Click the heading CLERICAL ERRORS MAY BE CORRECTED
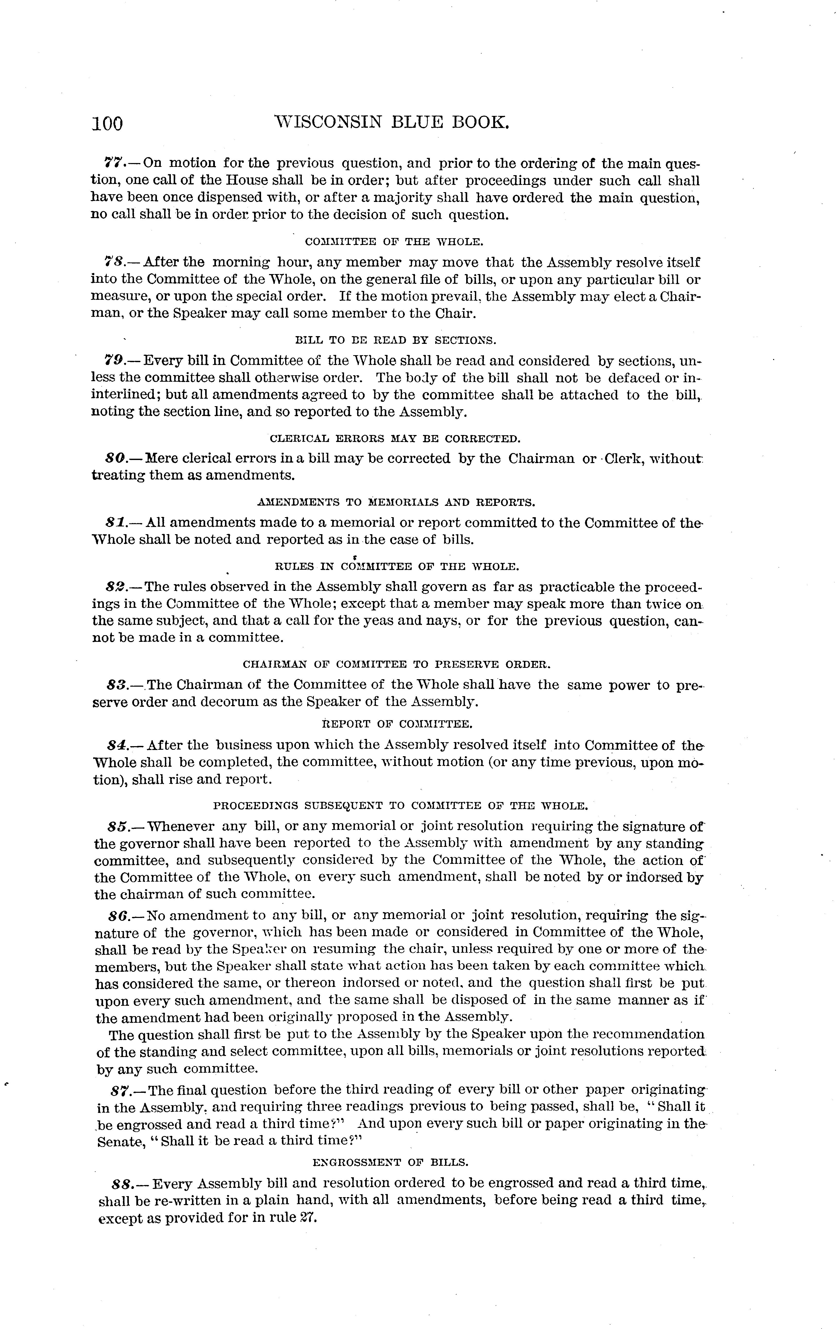point(395,439)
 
